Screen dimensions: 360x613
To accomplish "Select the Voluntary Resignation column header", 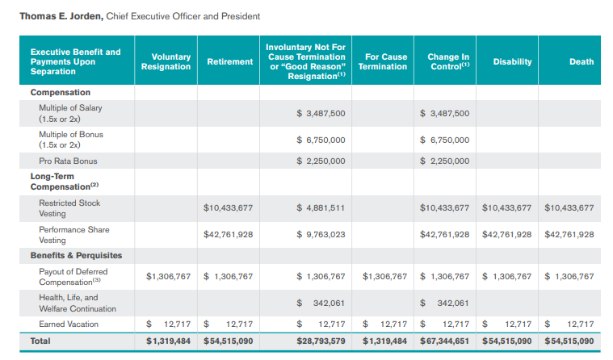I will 166,61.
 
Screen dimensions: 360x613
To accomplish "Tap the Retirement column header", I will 230,61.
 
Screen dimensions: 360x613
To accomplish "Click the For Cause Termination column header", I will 383,61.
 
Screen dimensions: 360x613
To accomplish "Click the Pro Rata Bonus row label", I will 68,161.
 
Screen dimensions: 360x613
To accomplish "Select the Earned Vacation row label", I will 69,324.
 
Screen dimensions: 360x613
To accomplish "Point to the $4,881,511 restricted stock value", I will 321,207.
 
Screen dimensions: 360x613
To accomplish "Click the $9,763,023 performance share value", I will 321,235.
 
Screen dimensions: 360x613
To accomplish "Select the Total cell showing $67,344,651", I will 445,341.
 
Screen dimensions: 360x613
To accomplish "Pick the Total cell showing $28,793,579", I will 321,341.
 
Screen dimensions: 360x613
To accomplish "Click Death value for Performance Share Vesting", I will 569,235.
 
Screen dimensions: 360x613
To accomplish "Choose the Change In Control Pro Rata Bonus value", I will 445,161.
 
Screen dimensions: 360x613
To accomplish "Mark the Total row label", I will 40,341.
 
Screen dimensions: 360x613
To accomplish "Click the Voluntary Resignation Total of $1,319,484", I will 168,341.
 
